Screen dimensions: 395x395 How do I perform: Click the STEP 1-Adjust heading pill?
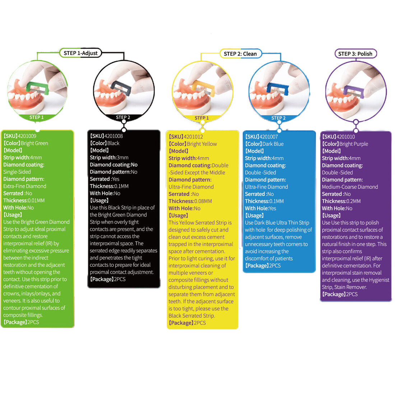pyautogui.click(x=80, y=53)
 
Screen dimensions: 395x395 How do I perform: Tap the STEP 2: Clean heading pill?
pyautogui.click(x=240, y=54)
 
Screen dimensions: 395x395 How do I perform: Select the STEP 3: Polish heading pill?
pyautogui.click(x=355, y=54)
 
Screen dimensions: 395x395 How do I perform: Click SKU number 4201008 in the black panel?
pyautogui.click(x=114, y=136)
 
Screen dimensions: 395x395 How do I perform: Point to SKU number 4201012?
pyautogui.click(x=194, y=137)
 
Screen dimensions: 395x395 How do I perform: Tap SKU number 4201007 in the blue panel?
pyautogui.click(x=269, y=137)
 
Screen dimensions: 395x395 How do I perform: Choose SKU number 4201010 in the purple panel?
pyautogui.click(x=346, y=137)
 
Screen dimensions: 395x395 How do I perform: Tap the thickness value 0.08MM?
pyautogui.click(x=203, y=201)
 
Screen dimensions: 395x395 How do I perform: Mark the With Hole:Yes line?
pyautogui.click(x=260, y=208)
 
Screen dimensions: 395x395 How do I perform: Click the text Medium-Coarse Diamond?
pyautogui.click(x=350, y=187)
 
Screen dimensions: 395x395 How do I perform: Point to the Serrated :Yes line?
pyautogui.click(x=104, y=179)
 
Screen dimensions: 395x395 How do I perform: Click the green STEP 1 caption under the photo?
pyautogui.click(x=37, y=117)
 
